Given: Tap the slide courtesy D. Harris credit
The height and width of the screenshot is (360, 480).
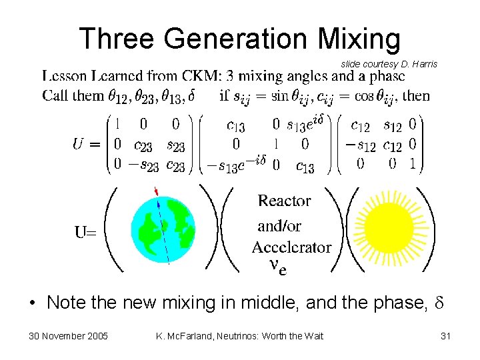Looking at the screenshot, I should (389, 64).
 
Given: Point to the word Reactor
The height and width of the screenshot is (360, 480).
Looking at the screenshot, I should (284, 201).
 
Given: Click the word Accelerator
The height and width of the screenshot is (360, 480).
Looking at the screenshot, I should (291, 247).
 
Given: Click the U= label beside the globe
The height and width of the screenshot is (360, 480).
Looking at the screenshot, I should (85, 233).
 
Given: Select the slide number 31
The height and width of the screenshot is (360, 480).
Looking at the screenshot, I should (445, 336).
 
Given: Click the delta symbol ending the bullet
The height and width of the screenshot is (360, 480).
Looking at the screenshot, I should (437, 303).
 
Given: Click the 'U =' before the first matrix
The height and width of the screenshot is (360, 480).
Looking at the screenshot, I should (86, 143).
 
